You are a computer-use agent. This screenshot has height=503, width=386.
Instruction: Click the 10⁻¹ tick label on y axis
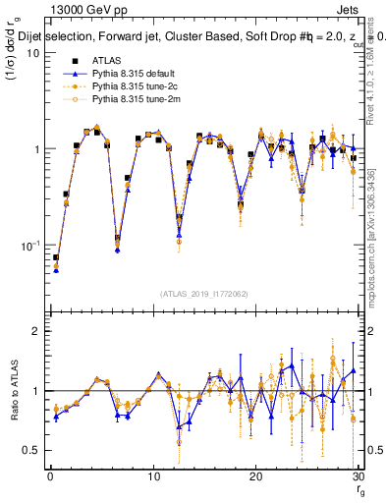28,245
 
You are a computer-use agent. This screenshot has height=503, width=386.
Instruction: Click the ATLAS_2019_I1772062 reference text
203,293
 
